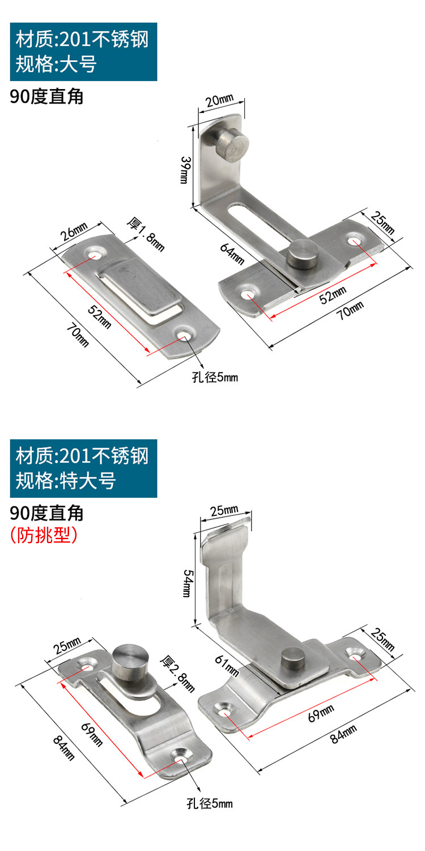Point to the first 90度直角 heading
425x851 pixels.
coord(47,97)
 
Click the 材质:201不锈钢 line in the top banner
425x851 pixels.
coord(82,41)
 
